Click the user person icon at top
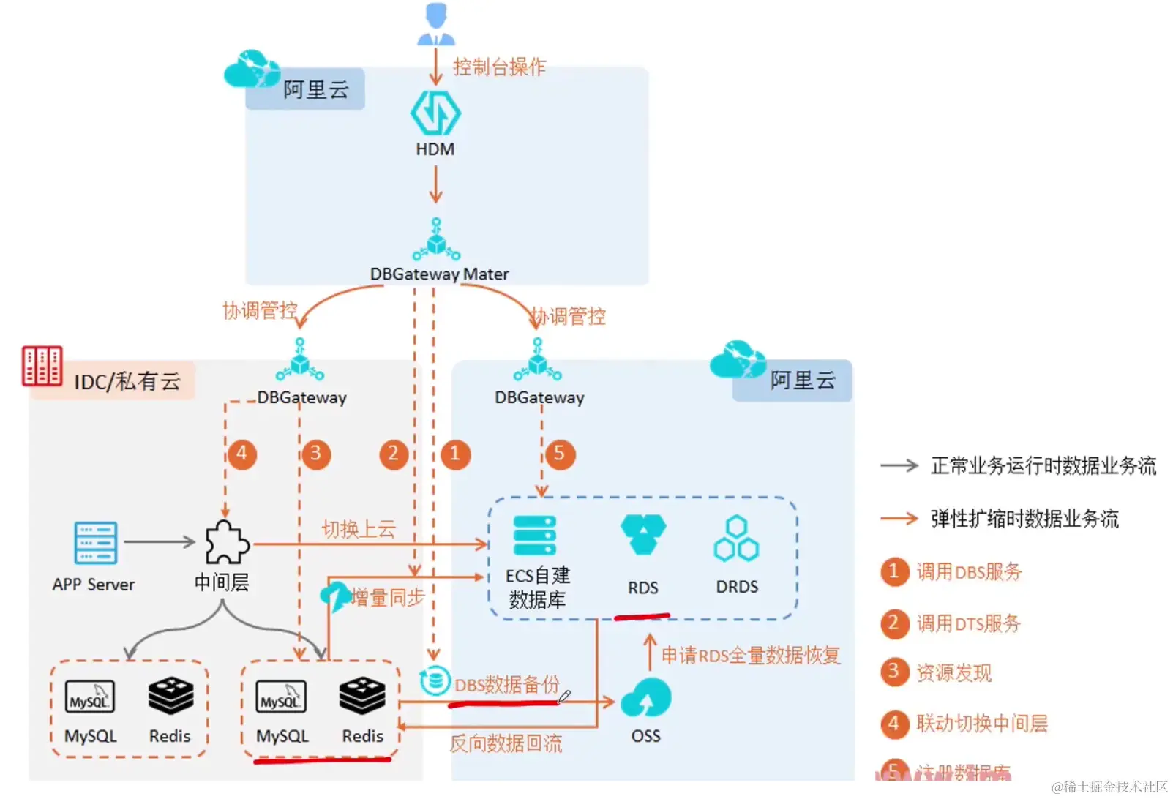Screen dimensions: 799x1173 [436, 24]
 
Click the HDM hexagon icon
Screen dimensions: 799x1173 [435, 113]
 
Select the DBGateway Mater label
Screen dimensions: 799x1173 [439, 274]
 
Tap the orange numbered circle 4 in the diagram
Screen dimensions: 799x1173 [242, 454]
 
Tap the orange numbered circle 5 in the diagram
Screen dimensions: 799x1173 [559, 454]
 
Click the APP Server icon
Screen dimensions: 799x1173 [96, 542]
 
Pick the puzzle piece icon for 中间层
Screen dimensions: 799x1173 [226, 542]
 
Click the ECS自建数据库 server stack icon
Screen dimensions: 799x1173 [535, 536]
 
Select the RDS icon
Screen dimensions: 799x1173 [642, 534]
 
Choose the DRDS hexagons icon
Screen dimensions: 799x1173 [736, 539]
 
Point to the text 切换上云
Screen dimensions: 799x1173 [359, 529]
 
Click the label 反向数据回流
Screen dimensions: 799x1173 [506, 744]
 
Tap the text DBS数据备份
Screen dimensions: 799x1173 [506, 685]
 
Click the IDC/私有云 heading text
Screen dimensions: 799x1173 [127, 381]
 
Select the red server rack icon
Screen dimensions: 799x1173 [42, 366]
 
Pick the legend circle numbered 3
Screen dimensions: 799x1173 [893, 671]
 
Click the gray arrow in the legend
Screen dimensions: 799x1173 [899, 465]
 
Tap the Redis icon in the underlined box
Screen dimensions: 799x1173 [362, 696]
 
